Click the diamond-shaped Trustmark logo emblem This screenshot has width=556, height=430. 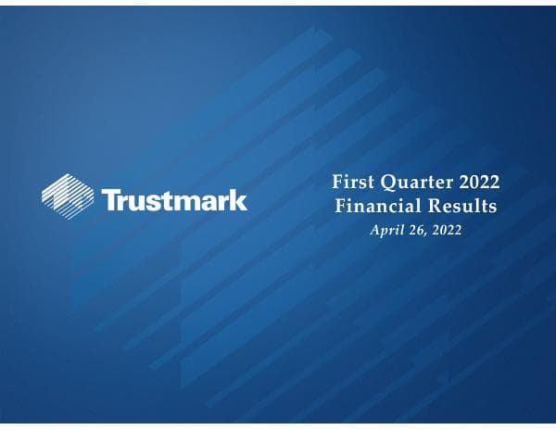click(68, 193)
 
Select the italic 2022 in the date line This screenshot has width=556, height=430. click(444, 228)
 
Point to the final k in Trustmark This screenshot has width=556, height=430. click(239, 199)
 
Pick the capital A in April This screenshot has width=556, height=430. click(374, 228)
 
